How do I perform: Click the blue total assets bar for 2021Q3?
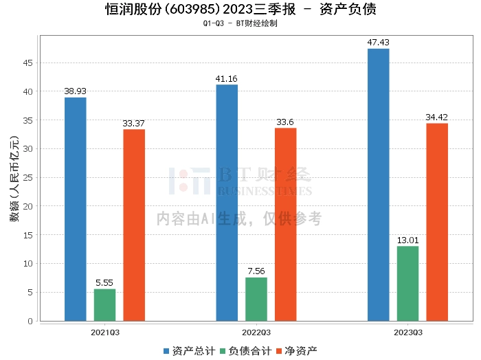point(76,209)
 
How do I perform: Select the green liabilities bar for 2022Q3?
point(256,300)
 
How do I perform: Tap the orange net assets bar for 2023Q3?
point(437,223)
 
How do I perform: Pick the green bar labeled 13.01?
point(407,284)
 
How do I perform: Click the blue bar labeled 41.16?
point(227,203)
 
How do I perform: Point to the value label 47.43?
point(378,43)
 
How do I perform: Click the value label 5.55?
point(104,283)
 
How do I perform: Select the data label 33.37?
point(133,123)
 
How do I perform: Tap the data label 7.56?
point(256,271)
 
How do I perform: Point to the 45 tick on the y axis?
point(27,63)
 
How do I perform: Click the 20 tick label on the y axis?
point(27,206)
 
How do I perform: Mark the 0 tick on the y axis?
point(30,321)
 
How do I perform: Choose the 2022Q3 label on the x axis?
point(256,333)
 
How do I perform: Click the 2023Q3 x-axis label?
point(408,333)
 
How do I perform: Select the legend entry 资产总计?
point(189,351)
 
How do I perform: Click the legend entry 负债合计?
point(246,351)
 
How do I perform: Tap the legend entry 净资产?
point(297,351)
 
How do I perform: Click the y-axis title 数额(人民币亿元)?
point(14,179)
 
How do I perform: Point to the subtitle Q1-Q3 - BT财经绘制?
point(240,23)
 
